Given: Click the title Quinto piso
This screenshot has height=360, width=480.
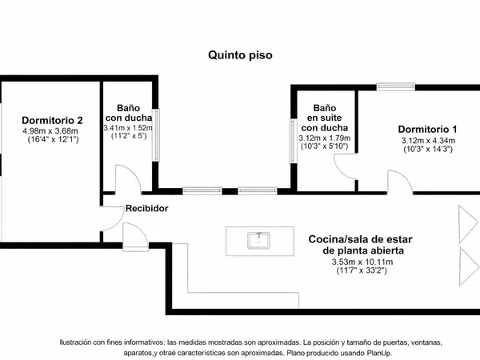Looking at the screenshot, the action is (240, 55).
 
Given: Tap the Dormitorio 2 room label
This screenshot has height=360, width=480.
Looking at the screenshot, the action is (52, 120).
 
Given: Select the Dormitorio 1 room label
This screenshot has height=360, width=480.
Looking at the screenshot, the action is (427, 129).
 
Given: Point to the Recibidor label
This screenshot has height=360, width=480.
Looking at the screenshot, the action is (147, 209).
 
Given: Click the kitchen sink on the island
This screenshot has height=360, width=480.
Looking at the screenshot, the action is (259, 240).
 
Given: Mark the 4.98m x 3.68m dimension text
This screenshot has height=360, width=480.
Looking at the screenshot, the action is (50, 131).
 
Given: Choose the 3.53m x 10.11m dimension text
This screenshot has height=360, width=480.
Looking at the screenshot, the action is (362, 262).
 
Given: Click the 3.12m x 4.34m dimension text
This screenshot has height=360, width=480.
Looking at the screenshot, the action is (428, 141).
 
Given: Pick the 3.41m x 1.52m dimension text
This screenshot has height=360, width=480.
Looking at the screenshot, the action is (128, 128).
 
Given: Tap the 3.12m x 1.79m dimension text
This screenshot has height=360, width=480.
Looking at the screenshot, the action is (325, 138).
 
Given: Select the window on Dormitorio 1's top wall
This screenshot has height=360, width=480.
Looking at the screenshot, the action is (396, 86).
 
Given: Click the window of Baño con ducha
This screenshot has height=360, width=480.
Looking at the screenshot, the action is (156, 135).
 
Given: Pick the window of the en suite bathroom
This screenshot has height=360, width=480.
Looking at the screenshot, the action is (294, 141).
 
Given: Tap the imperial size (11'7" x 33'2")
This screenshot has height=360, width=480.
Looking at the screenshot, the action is (362, 270).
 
